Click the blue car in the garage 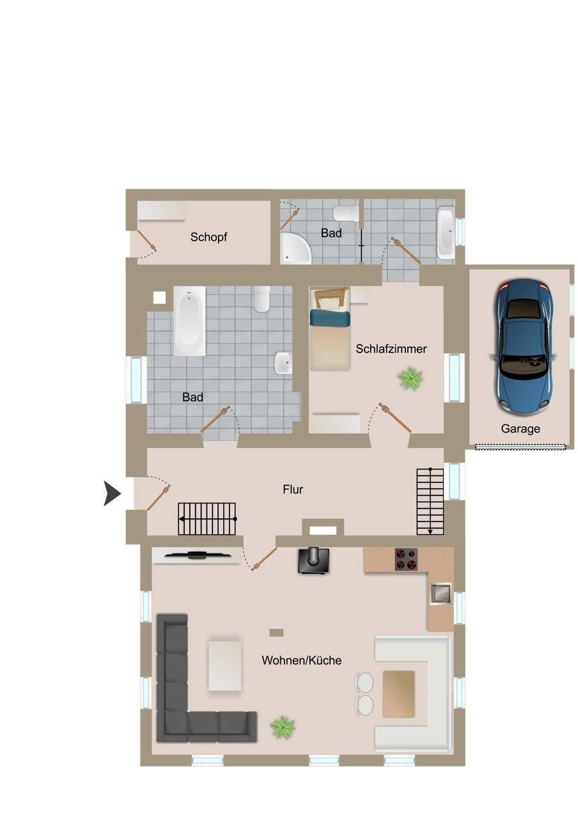tap(523, 347)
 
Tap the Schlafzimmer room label tap(391, 349)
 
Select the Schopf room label tap(208, 237)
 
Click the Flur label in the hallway tap(292, 489)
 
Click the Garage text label tap(520, 429)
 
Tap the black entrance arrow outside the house tap(112, 493)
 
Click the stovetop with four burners tap(405, 559)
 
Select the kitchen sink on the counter tap(440, 593)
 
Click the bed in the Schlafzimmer tap(329, 328)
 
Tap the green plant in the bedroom tap(410, 379)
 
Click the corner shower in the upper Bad tap(295, 248)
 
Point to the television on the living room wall tap(198, 555)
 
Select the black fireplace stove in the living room tap(313, 561)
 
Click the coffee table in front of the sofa tap(224, 665)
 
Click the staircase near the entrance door tap(207, 519)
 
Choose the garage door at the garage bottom tap(520, 447)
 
